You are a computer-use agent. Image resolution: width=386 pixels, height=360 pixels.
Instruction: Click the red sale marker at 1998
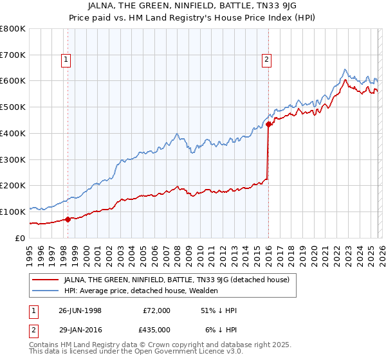[x=68, y=219]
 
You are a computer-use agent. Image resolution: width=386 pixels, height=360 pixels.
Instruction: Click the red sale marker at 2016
[x=268, y=125]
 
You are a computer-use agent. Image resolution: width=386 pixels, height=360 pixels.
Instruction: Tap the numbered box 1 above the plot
[x=67, y=60]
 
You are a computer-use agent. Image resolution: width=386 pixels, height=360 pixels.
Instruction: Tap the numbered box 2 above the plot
[x=266, y=60]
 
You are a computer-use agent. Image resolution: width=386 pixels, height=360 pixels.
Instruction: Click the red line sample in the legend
[x=45, y=280]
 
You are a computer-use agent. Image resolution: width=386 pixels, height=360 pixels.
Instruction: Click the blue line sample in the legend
[x=45, y=291]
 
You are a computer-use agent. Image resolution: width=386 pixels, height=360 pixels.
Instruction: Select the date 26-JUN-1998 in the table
[x=80, y=310]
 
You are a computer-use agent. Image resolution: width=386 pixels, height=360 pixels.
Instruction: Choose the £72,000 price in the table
[x=156, y=310]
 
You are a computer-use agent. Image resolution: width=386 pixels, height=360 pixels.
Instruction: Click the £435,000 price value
[x=156, y=328]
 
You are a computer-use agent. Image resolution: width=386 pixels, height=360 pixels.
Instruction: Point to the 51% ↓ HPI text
[x=219, y=310]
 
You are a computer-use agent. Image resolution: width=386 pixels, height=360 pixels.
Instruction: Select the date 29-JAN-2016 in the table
[x=80, y=328]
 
